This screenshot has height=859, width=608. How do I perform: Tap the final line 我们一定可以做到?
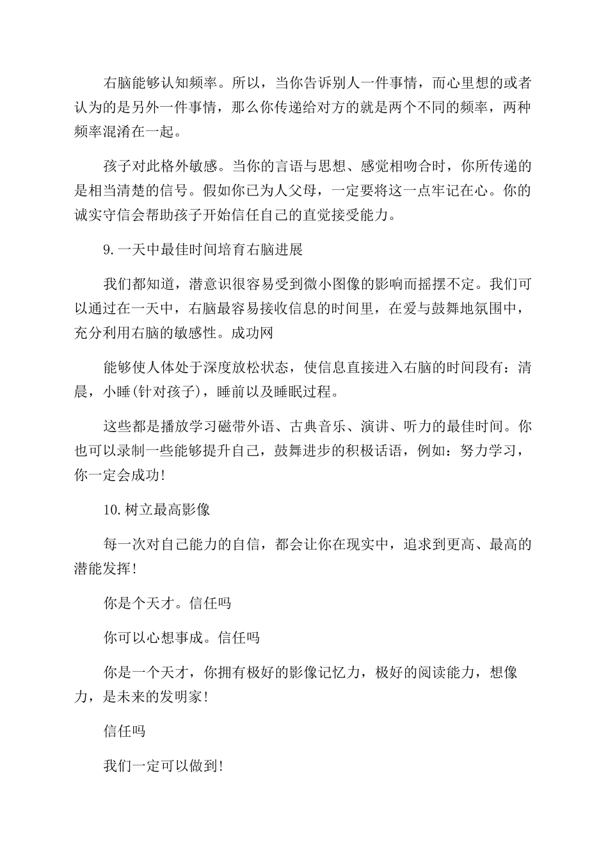[x=163, y=765]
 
